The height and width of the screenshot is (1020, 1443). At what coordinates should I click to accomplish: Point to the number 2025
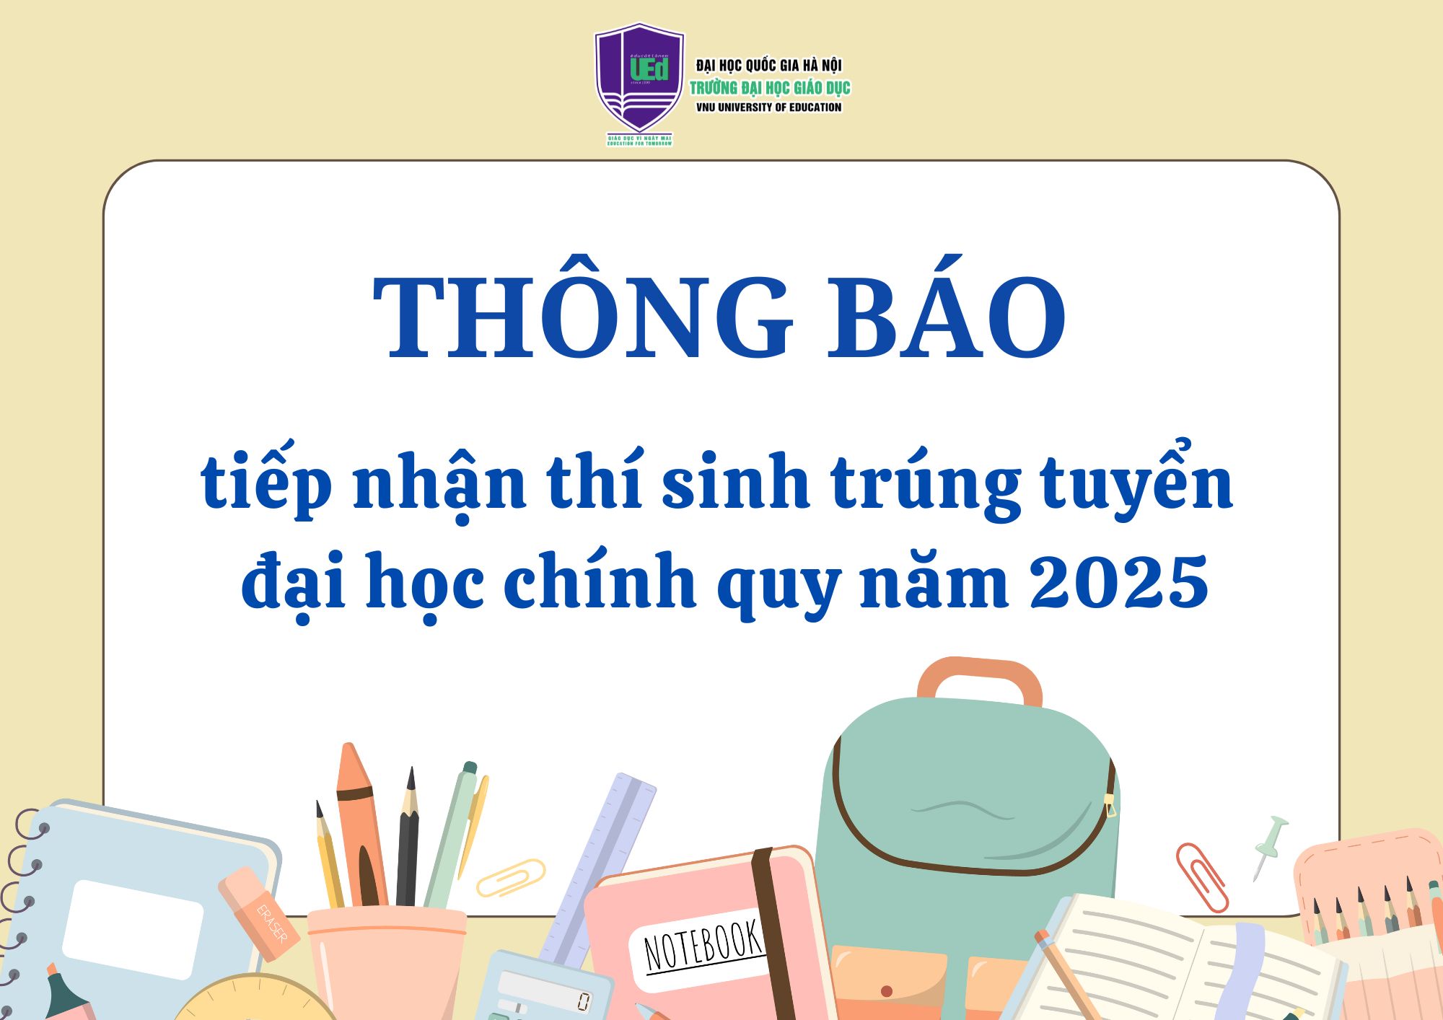tap(1118, 581)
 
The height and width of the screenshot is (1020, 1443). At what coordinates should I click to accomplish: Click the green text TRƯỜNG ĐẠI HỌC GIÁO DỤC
tap(770, 88)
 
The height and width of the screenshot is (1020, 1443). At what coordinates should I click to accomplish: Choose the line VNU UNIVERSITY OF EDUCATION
tap(768, 107)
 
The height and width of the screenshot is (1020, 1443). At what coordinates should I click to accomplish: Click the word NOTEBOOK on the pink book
tap(703, 946)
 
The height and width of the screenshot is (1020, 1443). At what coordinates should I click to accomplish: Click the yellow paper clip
tap(511, 877)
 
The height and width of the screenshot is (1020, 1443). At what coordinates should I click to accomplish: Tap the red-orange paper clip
tap(1201, 876)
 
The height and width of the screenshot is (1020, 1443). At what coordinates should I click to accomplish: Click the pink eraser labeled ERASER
tap(260, 913)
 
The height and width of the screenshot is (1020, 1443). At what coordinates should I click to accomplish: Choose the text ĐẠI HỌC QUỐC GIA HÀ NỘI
tap(768, 66)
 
